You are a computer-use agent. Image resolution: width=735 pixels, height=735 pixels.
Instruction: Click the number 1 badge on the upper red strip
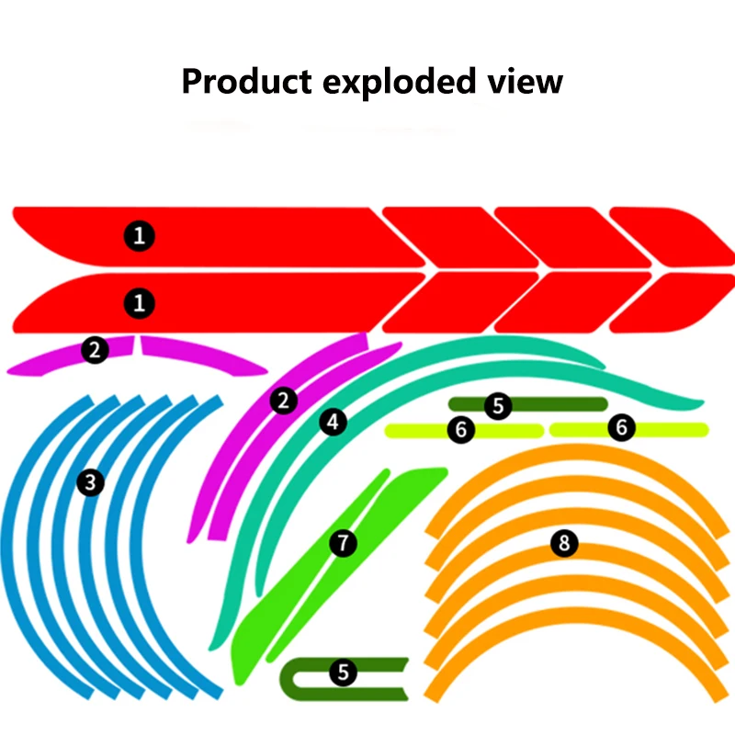click(139, 236)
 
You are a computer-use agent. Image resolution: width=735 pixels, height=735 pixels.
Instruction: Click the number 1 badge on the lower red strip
click(139, 302)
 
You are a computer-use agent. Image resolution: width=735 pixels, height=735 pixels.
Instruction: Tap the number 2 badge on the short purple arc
click(94, 349)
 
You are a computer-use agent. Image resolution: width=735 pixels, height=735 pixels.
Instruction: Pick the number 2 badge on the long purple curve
click(284, 401)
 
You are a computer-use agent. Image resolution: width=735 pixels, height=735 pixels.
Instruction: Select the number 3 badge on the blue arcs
click(89, 481)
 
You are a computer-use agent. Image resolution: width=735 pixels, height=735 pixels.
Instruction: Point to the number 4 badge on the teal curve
click(333, 422)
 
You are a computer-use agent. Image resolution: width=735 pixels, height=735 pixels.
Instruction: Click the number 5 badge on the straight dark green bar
click(498, 405)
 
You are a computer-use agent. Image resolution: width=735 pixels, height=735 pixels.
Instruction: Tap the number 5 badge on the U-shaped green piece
click(343, 673)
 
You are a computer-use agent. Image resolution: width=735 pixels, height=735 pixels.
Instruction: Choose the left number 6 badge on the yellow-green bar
click(461, 429)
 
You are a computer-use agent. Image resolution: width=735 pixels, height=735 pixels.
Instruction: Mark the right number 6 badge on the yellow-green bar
click(622, 428)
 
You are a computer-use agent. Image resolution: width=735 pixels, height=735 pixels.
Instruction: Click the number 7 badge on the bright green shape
click(343, 543)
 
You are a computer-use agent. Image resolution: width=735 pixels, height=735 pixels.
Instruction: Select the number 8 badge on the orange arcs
click(564, 543)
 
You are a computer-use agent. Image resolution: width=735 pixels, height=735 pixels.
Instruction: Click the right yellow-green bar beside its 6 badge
click(671, 429)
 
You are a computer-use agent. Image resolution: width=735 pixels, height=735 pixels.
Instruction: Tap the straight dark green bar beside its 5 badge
click(560, 404)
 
